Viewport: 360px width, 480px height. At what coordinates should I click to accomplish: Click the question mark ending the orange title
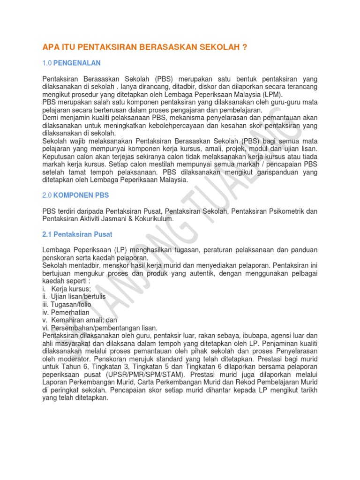click(244, 47)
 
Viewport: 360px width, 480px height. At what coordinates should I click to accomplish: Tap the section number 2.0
click(47, 195)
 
